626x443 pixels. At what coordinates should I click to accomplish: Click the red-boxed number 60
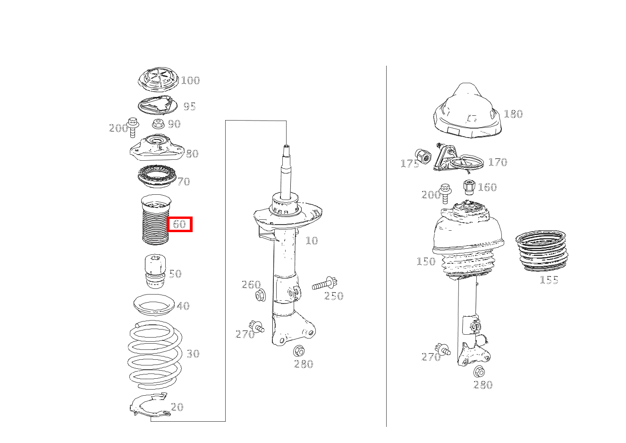[179, 224]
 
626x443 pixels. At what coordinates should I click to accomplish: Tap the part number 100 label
[191, 80]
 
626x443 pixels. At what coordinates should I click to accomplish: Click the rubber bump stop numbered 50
[155, 271]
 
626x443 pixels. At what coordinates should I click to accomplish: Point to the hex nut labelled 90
[158, 124]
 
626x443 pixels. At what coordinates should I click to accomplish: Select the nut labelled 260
[261, 295]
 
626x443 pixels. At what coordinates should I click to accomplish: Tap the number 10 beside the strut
[312, 241]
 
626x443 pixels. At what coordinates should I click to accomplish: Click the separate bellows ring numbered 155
[541, 251]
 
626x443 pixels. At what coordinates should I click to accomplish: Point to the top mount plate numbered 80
[157, 148]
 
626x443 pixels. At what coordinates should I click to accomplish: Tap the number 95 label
[189, 106]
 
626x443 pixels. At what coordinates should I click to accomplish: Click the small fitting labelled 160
[469, 187]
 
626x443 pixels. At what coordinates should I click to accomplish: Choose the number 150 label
[426, 261]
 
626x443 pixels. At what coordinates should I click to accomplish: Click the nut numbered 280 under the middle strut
[299, 351]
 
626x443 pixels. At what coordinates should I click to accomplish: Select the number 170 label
[498, 162]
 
